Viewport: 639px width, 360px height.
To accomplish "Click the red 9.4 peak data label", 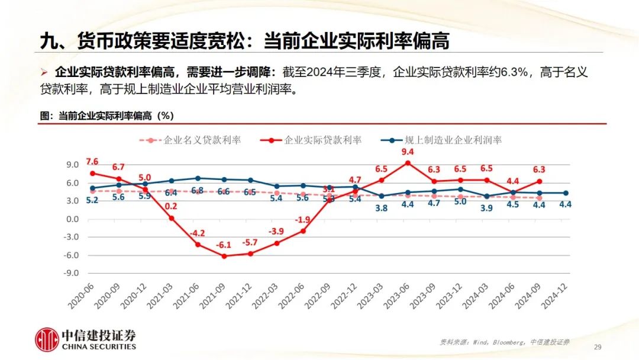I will tap(407, 152).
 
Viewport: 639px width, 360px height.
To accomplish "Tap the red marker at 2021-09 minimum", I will tap(223, 256).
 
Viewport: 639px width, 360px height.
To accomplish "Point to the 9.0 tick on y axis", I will tap(72, 165).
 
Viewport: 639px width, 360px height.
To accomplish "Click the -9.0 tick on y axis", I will tap(70, 274).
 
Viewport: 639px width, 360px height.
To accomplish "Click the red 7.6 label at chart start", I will tap(92, 162).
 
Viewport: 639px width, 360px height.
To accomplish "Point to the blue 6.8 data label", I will tap(197, 191).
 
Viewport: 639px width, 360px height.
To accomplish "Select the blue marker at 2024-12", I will tap(566, 193).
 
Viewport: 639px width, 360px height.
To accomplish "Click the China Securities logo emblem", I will tap(46, 340).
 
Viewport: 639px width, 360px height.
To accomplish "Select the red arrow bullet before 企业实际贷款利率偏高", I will tap(44, 73).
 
